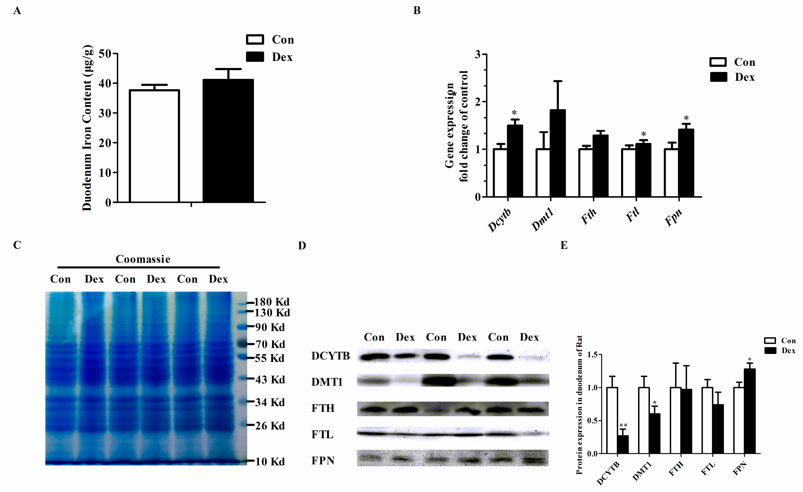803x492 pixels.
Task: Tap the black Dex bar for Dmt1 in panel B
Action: (x=558, y=153)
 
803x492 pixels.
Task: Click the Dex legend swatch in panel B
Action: (x=718, y=77)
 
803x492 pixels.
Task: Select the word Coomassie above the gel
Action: (x=143, y=259)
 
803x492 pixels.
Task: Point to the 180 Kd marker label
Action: (x=271, y=302)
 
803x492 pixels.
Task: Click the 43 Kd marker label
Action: (x=270, y=380)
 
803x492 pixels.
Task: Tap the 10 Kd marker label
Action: (x=270, y=462)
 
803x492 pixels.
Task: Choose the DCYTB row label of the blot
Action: (x=331, y=356)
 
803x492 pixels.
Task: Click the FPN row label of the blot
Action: (x=323, y=461)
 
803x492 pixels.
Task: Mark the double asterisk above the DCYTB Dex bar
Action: (x=623, y=425)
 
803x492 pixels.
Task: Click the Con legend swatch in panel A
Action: (x=254, y=40)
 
